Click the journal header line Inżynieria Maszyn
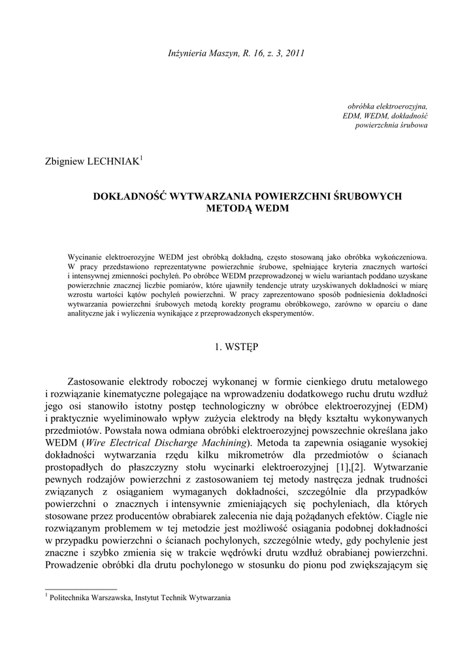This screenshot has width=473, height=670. point(236,52)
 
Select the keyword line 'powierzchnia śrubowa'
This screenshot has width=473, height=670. point(391,125)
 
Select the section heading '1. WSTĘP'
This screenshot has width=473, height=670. point(236,347)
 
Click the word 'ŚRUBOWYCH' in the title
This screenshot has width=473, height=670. point(368,196)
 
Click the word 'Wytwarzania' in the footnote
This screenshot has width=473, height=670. point(209,597)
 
